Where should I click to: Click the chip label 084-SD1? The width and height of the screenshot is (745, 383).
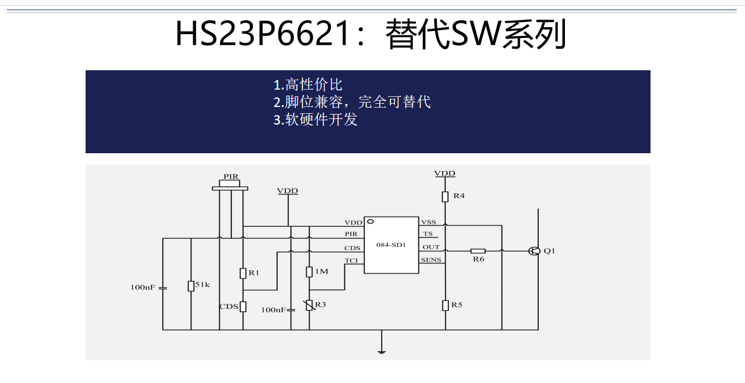[x=391, y=244]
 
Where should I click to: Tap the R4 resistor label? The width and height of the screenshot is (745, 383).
[x=458, y=196]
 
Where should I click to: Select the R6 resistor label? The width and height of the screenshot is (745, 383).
[x=479, y=260]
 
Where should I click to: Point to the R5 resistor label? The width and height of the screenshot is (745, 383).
[x=457, y=305]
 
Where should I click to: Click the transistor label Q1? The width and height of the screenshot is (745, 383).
[x=550, y=251]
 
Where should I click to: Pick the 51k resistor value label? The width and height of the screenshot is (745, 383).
[x=202, y=286]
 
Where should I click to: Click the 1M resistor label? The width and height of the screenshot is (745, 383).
[x=321, y=272]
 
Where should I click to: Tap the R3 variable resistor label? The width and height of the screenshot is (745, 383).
[x=320, y=305]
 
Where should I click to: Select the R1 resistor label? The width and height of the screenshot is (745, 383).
[x=254, y=273]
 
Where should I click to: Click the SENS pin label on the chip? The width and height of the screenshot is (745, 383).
[x=431, y=260]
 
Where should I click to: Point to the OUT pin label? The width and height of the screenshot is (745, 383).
[x=431, y=248]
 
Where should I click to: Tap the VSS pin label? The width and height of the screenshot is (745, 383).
[x=429, y=222]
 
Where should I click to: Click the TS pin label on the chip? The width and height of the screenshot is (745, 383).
[x=428, y=234]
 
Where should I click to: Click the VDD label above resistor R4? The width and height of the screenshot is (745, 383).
[x=444, y=173]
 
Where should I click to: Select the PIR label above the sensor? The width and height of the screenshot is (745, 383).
[x=231, y=177]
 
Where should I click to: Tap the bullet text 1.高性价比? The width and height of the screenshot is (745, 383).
[x=308, y=85]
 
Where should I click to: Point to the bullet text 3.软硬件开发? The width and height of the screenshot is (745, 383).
[x=316, y=119]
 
